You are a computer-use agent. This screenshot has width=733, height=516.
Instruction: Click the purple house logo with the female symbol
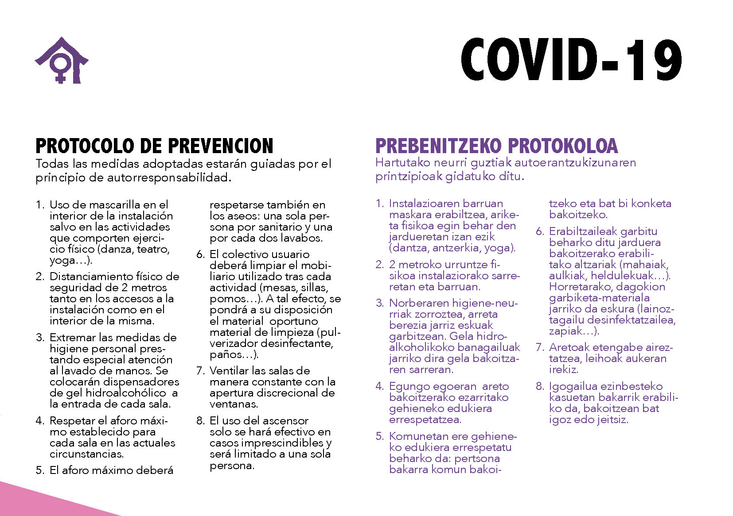(x=61, y=61)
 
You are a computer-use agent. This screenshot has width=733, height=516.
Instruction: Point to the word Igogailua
(x=572, y=386)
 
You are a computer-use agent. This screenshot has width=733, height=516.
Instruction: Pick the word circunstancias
(x=86, y=454)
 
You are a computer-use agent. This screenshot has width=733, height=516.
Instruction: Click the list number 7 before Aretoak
(x=539, y=347)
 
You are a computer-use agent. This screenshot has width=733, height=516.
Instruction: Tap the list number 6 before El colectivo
(x=200, y=254)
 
